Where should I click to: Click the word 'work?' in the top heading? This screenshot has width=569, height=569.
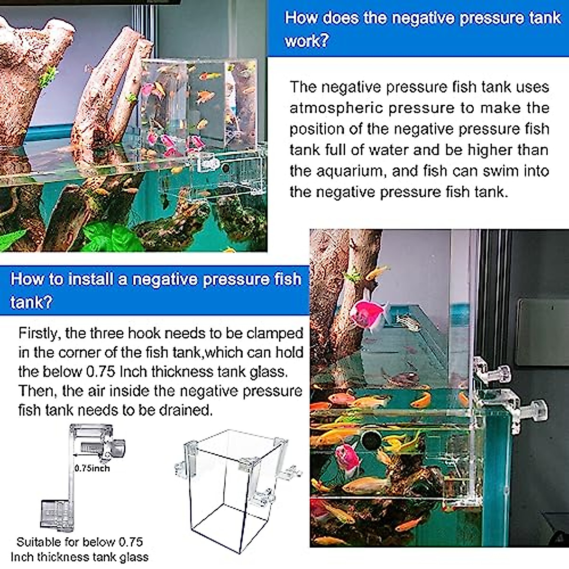pos(306,41)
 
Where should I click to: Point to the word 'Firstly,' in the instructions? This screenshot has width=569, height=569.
pos(39,333)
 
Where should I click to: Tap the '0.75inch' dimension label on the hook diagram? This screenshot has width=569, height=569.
pos(92,468)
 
